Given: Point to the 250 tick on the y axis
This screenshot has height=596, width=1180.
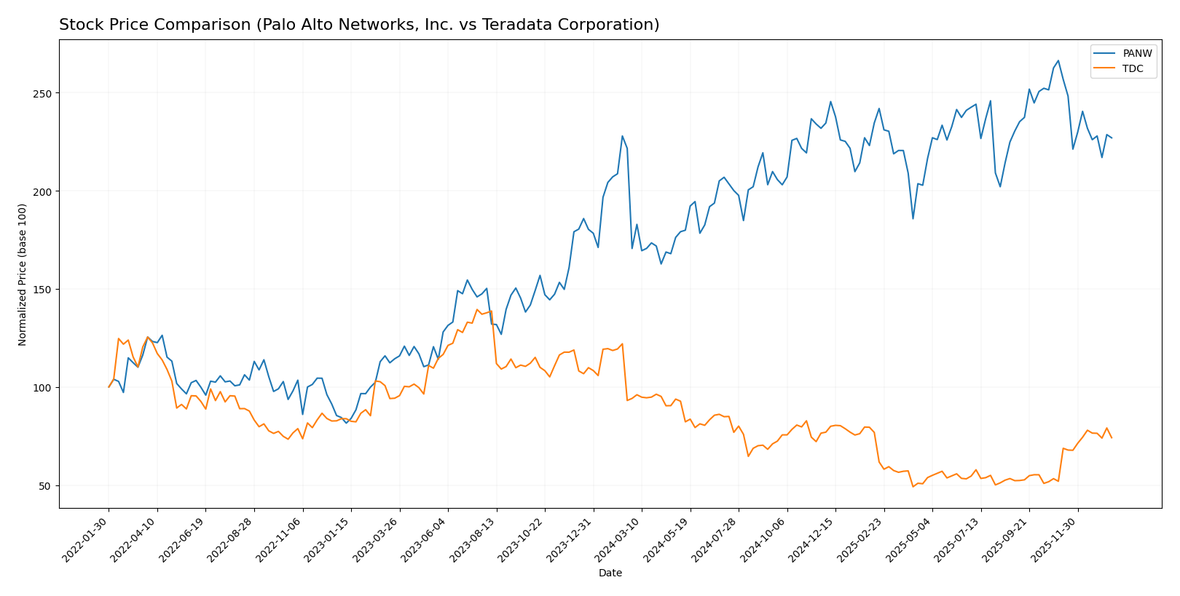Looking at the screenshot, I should point(43,94).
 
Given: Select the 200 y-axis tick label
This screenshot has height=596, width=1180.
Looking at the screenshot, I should point(43,191).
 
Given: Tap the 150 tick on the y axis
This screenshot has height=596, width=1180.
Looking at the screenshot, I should point(43,290).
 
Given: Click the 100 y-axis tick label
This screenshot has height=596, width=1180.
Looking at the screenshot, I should point(43,388).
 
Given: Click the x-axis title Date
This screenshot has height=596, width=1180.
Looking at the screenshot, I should point(610,573).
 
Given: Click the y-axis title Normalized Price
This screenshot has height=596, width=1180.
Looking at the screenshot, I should point(23,274).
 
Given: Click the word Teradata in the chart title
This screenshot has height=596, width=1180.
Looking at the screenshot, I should point(526,25).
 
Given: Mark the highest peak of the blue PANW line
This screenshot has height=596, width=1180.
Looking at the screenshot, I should point(1058,60).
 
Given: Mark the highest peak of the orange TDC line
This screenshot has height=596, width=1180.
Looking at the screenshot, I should point(477,309).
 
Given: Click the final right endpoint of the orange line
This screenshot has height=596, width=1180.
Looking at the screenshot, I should point(1112,438).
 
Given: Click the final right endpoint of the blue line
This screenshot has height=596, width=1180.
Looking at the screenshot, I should point(1112,138).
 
